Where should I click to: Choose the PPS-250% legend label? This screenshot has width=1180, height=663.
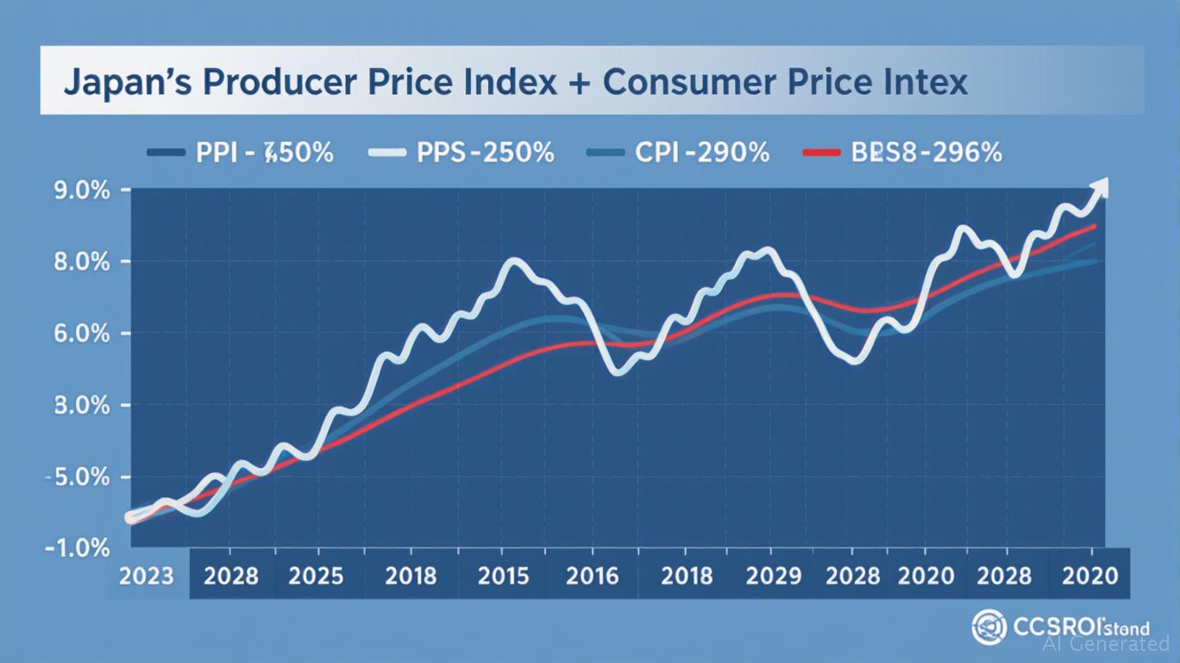click(x=485, y=153)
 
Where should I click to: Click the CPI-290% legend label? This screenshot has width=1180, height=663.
click(x=701, y=153)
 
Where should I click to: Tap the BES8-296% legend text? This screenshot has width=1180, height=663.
click(x=927, y=153)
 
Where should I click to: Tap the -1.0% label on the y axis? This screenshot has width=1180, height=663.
click(x=78, y=548)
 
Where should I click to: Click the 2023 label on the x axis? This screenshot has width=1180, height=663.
click(x=147, y=575)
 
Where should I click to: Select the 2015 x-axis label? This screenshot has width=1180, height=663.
click(x=503, y=575)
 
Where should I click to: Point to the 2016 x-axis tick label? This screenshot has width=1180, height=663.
click(x=593, y=575)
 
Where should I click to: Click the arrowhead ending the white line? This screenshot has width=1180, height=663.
click(x=1099, y=186)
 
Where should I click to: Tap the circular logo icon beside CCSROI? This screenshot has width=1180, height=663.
click(x=989, y=626)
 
